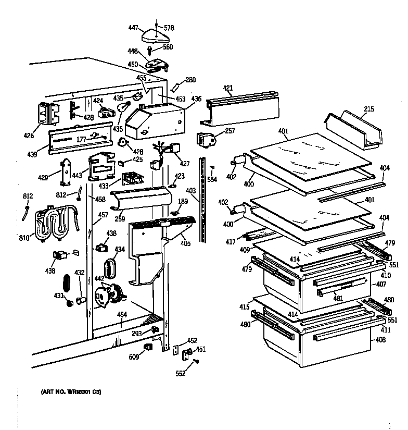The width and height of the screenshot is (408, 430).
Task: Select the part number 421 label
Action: click(x=228, y=88)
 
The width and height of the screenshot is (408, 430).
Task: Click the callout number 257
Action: click(x=231, y=130)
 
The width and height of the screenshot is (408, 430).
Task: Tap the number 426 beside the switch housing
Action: click(x=28, y=136)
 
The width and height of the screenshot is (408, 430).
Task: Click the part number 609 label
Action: click(x=133, y=357)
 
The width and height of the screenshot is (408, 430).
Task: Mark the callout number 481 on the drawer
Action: click(x=338, y=299)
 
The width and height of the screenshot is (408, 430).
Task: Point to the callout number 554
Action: click(x=212, y=179)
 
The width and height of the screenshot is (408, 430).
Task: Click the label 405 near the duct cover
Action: click(x=185, y=243)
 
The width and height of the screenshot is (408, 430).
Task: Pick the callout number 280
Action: click(x=190, y=80)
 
